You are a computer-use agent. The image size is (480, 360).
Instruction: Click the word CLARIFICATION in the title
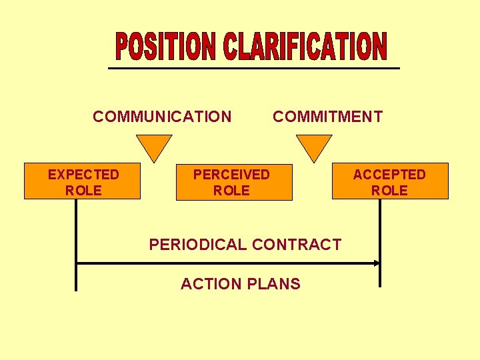pyautogui.click(x=304, y=46)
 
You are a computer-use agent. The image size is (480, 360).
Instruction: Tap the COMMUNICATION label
pyautogui.click(x=162, y=117)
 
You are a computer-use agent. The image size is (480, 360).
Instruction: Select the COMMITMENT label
pyautogui.click(x=327, y=117)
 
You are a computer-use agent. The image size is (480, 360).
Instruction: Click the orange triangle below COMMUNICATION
pyautogui.click(x=154, y=146)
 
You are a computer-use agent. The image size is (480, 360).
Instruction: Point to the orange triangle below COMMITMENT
pyautogui.click(x=313, y=146)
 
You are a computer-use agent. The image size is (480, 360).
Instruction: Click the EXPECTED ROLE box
pyautogui.click(x=83, y=181)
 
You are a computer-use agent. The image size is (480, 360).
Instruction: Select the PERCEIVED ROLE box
pyautogui.click(x=234, y=181)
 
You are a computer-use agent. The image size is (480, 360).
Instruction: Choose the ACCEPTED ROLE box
pyautogui.click(x=390, y=181)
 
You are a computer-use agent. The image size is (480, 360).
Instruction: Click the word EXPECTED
pyautogui.click(x=83, y=175)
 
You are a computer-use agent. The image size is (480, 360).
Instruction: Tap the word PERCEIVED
pyautogui.click(x=231, y=175)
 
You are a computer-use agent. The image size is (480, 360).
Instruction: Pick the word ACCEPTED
pyautogui.click(x=389, y=175)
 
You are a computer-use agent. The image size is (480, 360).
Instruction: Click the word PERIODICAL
pyautogui.click(x=197, y=245)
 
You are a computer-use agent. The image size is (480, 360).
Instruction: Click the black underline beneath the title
pyautogui.click(x=254, y=69)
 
